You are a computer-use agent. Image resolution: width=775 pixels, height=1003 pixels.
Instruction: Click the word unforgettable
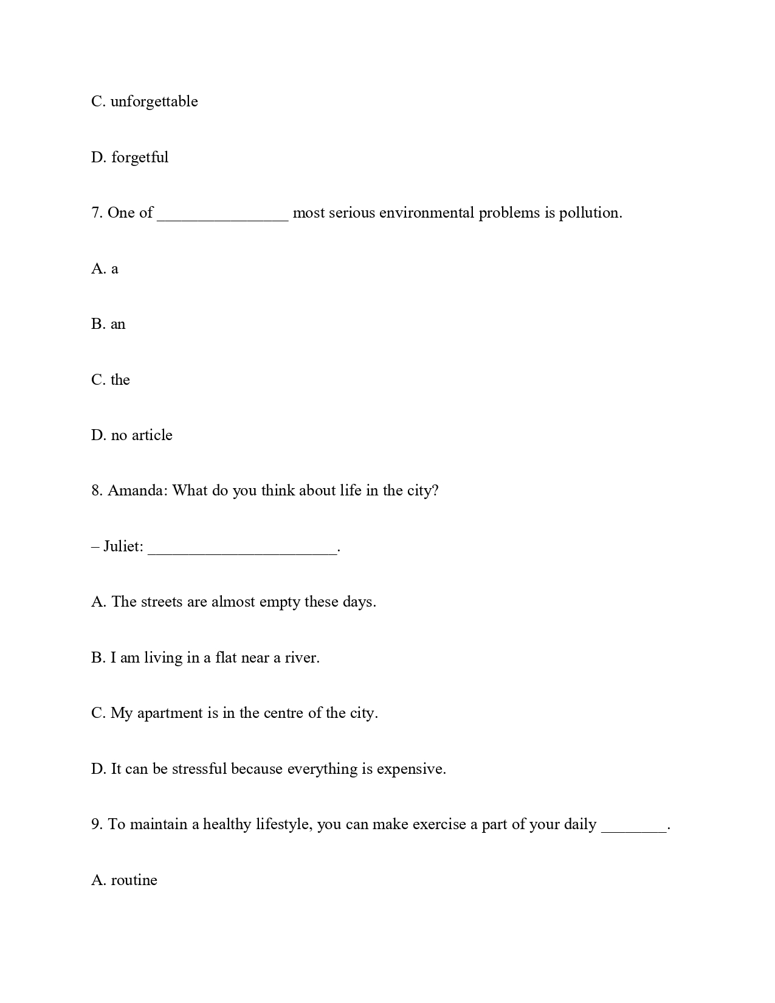[x=154, y=102]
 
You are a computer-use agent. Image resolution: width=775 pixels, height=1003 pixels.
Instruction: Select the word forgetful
[x=140, y=157]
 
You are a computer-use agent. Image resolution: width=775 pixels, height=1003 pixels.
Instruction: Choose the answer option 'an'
[x=118, y=324]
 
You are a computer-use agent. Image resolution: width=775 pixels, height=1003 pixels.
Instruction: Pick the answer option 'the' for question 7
[x=120, y=380]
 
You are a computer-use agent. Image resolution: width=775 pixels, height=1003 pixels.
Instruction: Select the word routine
[x=134, y=880]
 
